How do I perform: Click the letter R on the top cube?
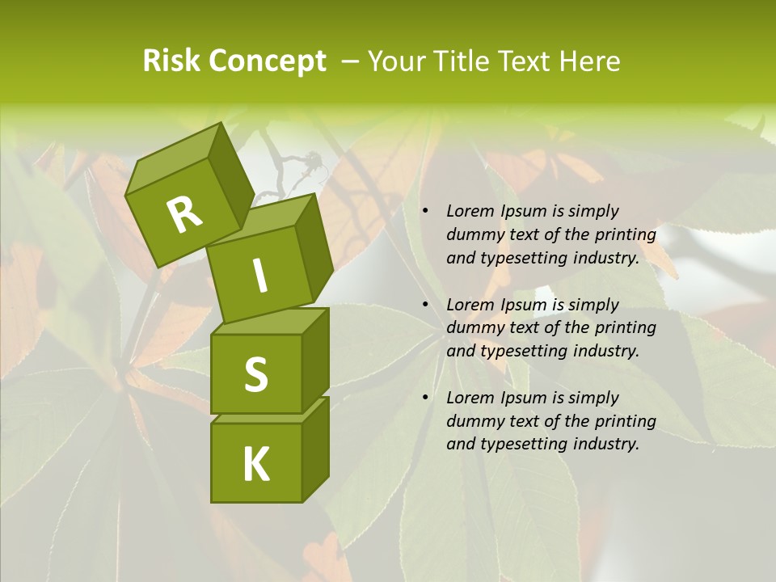click(x=184, y=215)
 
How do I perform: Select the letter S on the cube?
click(x=255, y=373)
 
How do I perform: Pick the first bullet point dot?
click(x=425, y=212)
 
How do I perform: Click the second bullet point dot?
click(x=425, y=306)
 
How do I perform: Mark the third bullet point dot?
click(x=425, y=399)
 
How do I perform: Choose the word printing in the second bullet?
click(x=624, y=328)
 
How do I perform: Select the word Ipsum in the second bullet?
click(x=525, y=306)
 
